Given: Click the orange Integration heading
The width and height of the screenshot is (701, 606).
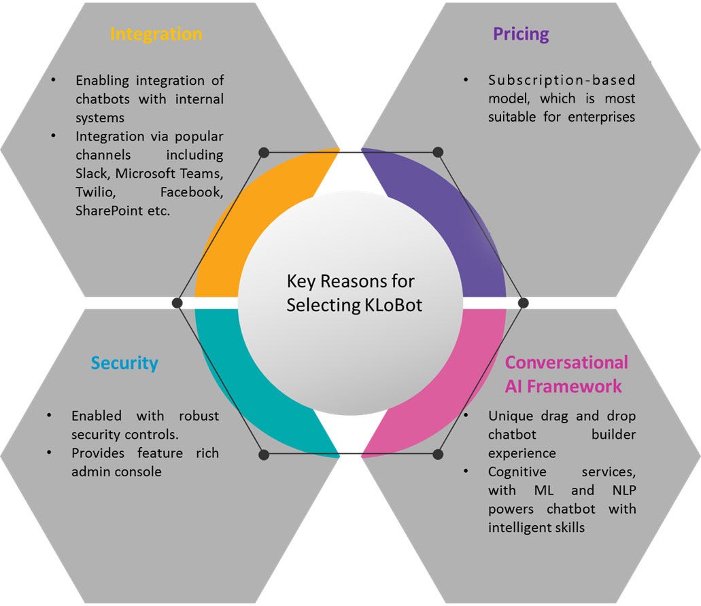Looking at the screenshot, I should tap(156, 34).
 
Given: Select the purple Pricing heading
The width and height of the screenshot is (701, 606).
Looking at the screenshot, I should tap(521, 34).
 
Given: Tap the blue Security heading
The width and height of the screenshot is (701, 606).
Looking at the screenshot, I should tap(124, 363).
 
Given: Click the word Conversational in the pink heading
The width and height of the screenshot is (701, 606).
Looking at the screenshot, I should tap(566, 362).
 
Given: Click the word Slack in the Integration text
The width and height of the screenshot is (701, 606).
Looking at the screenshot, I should tap(91, 173).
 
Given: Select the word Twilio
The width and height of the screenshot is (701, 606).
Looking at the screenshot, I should tap(95, 192).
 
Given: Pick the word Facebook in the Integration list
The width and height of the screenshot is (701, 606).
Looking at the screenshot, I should tap(192, 192).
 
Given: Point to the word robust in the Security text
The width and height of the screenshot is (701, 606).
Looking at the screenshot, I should tap(198, 416).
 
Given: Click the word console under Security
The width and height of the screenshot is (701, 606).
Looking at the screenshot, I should tap(139, 471).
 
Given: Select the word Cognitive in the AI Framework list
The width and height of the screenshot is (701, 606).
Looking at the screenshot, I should tap(517, 471).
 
